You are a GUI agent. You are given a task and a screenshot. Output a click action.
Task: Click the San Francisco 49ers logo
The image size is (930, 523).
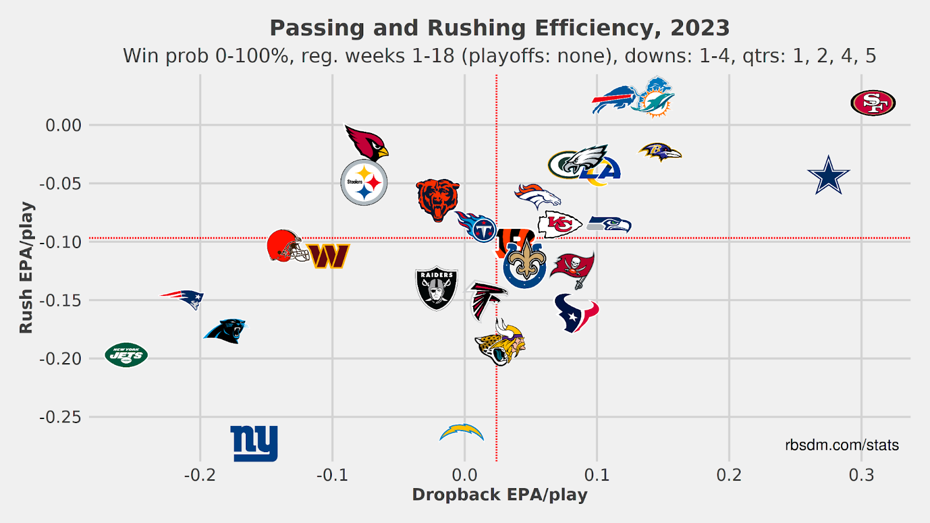tap(872, 103)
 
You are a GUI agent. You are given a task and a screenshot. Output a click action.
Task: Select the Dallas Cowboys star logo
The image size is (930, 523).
tap(828, 175)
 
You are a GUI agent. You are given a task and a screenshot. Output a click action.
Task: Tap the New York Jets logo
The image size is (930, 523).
tap(126, 354)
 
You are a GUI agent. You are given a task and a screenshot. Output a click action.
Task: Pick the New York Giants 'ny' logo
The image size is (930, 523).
tap(254, 443)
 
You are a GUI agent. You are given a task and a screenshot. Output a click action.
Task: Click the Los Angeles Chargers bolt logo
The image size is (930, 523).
tap(462, 433)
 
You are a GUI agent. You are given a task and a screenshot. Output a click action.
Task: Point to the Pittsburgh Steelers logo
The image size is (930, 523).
tap(364, 182)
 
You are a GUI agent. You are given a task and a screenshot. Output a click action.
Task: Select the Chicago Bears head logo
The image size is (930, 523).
tap(438, 199)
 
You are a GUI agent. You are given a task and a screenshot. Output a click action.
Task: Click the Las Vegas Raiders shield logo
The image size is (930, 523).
tap(437, 288)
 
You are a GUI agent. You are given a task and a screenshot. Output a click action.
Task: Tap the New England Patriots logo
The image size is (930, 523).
tap(183, 299)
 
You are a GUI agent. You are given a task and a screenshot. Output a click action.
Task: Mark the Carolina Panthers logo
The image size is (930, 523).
tap(226, 331)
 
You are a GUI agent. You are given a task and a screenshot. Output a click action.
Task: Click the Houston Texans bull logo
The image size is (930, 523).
tap(576, 313)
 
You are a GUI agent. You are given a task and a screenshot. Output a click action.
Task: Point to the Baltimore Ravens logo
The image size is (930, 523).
tap(660, 152)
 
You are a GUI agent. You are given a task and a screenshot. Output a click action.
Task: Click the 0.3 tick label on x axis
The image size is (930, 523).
tap(861, 475)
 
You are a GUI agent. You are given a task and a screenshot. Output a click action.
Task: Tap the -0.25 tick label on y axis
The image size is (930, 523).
tap(60, 417)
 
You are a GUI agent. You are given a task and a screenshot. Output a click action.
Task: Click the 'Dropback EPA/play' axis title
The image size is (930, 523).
tap(499, 495)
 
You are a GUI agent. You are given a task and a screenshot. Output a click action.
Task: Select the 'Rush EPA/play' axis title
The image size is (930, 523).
tap(26, 267)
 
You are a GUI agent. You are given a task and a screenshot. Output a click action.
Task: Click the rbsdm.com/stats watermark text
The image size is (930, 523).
tap(842, 445)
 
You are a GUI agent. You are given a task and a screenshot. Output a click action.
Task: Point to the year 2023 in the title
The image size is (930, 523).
tap(700, 28)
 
